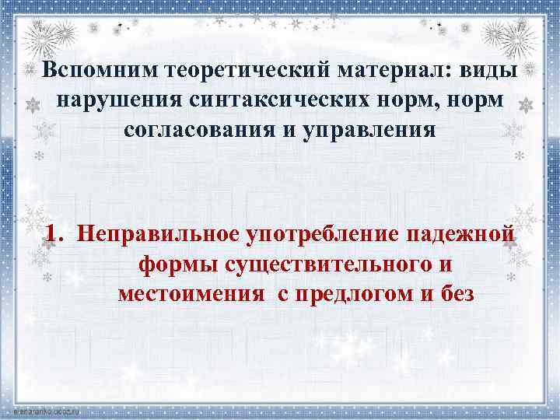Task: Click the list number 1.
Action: coord(52,233)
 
